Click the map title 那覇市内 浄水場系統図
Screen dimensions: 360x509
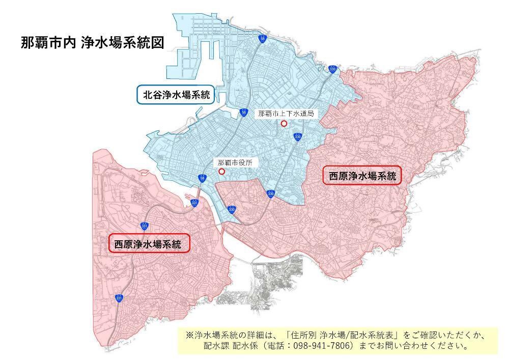tap(92, 42)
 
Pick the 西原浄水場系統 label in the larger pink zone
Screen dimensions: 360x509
tap(362, 176)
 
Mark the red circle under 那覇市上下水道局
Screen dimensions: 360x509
tap(284, 123)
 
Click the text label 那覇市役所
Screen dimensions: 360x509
tap(235, 163)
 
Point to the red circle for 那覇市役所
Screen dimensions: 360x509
tap(221, 172)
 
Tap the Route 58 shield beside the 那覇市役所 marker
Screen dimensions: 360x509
tap(203, 178)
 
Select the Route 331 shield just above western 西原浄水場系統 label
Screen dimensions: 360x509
tap(144, 225)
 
